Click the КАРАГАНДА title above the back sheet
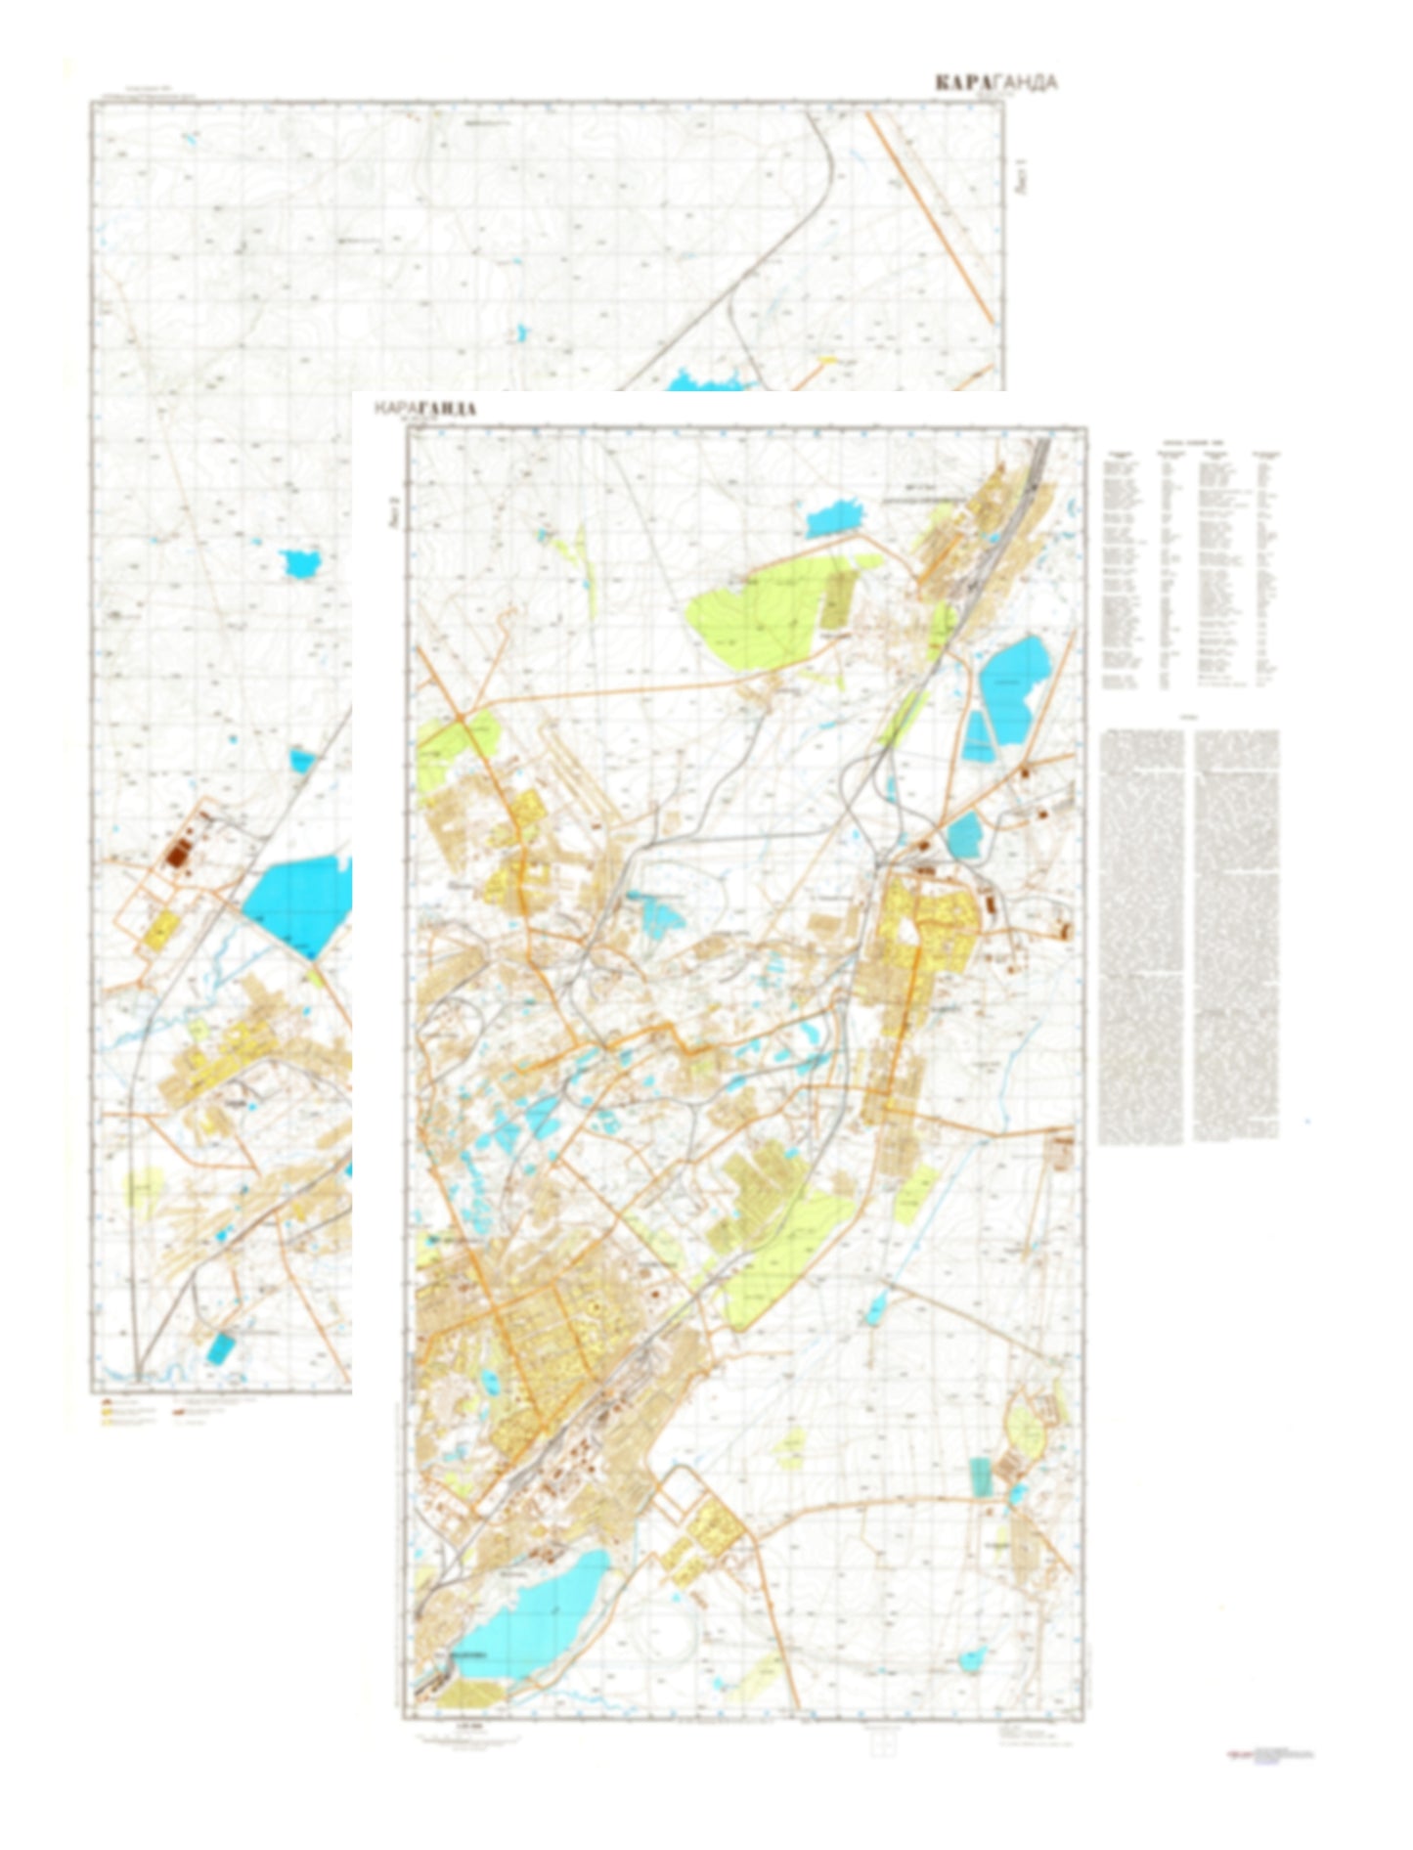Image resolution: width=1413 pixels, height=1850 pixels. (x=994, y=83)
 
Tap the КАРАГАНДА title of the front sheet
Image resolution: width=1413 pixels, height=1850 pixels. (x=424, y=408)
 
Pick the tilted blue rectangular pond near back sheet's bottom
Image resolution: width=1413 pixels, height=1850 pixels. (x=221, y=1348)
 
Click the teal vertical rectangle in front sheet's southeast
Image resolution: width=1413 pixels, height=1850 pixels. (x=979, y=1476)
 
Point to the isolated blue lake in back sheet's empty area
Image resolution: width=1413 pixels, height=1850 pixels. (x=301, y=563)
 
